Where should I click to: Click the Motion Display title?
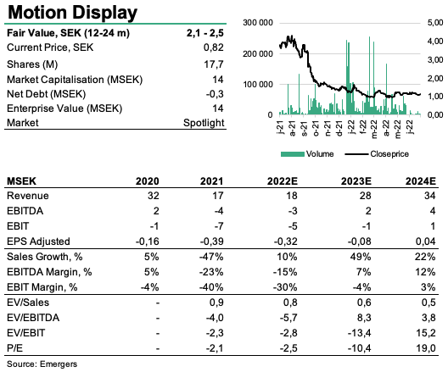pyautogui.click(x=73, y=13)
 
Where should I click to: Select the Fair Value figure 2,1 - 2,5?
pyautogui.click(x=204, y=33)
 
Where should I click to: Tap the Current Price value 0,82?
pyautogui.click(x=214, y=47)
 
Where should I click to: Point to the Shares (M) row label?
pyautogui.click(x=32, y=64)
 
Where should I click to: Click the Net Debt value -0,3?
pyautogui.click(x=215, y=94)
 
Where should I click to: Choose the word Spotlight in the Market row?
pyautogui.click(x=204, y=123)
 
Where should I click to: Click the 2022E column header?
pyautogui.click(x=283, y=181)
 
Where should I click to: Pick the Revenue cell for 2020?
pyautogui.click(x=154, y=196)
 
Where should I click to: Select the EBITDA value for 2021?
pyautogui.click(x=219, y=211)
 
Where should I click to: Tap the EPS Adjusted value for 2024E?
pyautogui.click(x=425, y=242)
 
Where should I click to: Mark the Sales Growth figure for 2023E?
pyautogui.click(x=361, y=257)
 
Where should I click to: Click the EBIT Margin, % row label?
pyautogui.click(x=42, y=287)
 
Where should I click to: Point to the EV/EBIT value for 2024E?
pyautogui.click(x=426, y=333)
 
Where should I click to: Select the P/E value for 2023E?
pyautogui.click(x=359, y=348)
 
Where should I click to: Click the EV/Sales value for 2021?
pyautogui.click(x=216, y=303)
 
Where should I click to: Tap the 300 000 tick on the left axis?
pyautogui.click(x=258, y=23)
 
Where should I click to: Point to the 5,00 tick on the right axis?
pyautogui.click(x=435, y=23)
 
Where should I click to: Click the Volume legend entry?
pyautogui.click(x=307, y=154)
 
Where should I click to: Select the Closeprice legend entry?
pyautogui.click(x=377, y=154)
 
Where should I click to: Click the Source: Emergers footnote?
pyautogui.click(x=42, y=364)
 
